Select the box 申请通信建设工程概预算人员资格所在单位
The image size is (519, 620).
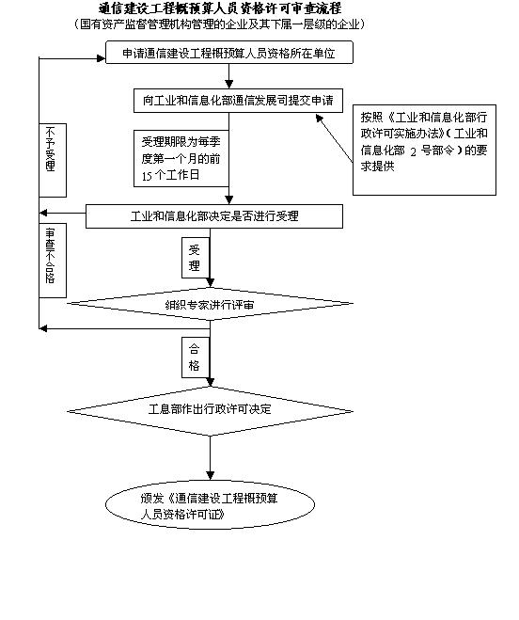tap(228, 54)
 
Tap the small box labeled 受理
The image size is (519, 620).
tap(195, 257)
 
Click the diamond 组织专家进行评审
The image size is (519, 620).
tap(209, 305)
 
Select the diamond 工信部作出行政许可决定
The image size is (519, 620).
tap(211, 410)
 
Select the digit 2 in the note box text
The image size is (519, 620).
tap(412, 150)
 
